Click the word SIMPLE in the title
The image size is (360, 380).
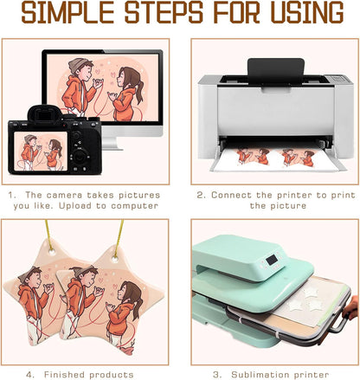pos(68,12)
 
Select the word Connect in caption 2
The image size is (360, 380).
pos(231,196)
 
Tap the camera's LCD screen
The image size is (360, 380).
pos(41,151)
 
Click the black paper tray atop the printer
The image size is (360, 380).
pos(276,71)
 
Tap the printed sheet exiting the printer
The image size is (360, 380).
pos(277,158)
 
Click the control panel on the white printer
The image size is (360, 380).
pos(337,79)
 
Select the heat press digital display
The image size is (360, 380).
pos(272,260)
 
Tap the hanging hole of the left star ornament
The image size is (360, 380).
pos(52,252)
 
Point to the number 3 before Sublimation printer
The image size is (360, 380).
pos(216,375)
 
